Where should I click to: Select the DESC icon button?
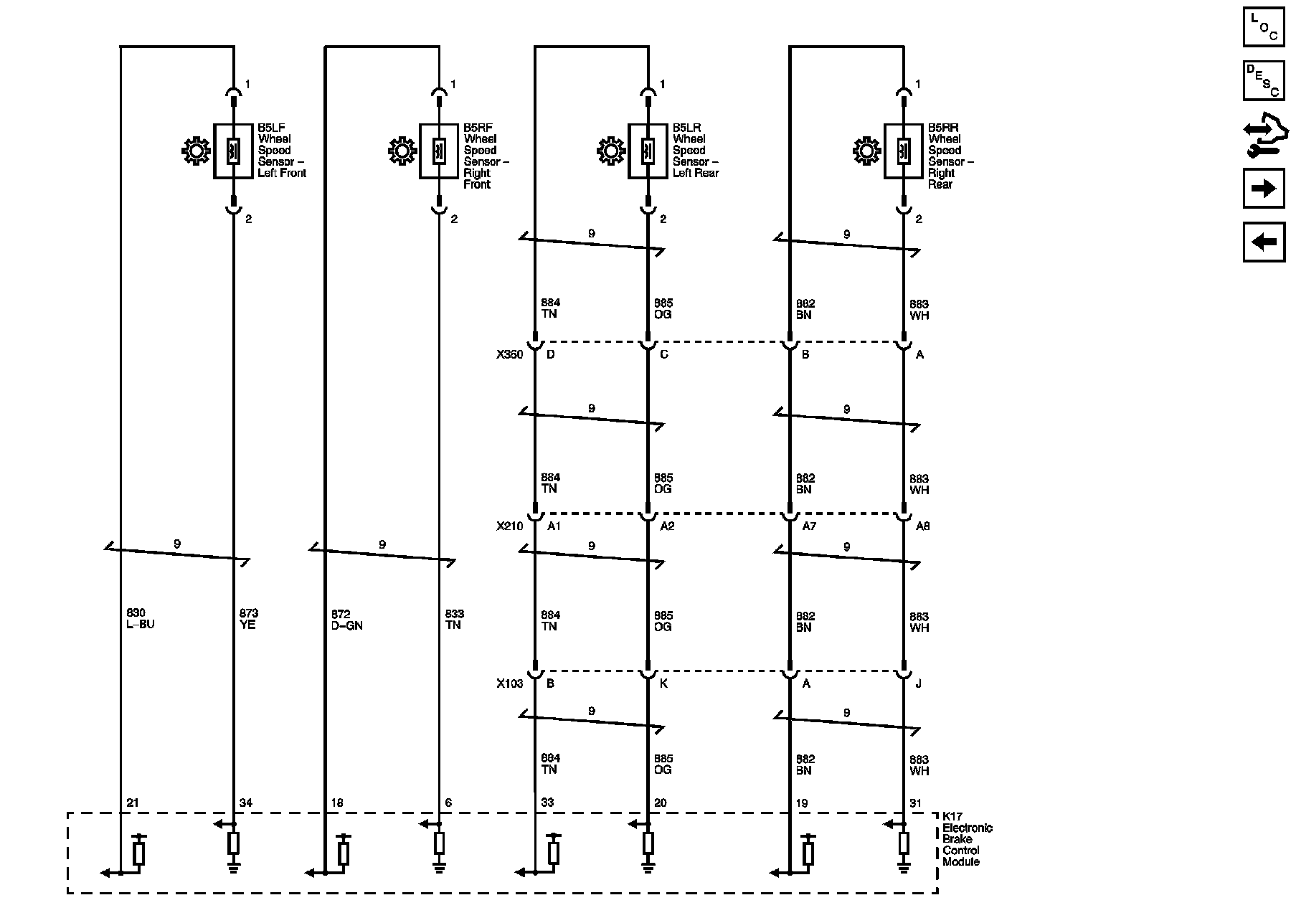(1263, 80)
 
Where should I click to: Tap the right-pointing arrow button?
(1263, 189)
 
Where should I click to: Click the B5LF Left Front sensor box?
(233, 151)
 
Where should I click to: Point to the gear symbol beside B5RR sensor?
(866, 151)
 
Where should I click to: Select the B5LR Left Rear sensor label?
(695, 151)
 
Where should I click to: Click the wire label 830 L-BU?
(140, 618)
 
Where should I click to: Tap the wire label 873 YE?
(248, 618)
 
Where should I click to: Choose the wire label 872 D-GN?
(346, 619)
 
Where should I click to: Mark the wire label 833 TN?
(454, 619)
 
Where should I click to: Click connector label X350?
(509, 354)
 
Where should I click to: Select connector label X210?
(509, 526)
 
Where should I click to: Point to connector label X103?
(509, 683)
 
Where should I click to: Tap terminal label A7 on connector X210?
(809, 526)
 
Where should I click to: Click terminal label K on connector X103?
(663, 683)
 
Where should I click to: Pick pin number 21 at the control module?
(132, 803)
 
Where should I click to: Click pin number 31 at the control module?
(915, 803)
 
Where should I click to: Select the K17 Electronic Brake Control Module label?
(967, 839)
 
